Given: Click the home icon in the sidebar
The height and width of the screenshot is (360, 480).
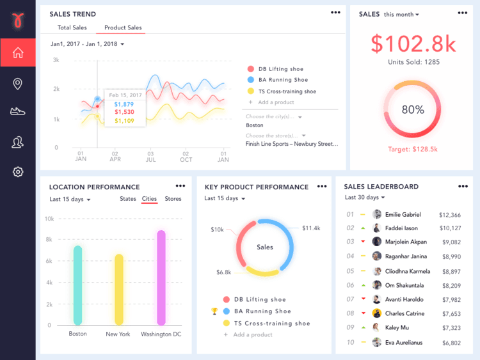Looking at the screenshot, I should pyautogui.click(x=18, y=52).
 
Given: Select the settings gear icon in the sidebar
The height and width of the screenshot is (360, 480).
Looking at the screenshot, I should pyautogui.click(x=18, y=171).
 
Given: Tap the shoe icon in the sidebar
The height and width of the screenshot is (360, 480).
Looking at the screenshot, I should pyautogui.click(x=18, y=111).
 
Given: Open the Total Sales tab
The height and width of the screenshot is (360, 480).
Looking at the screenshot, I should pyautogui.click(x=72, y=27).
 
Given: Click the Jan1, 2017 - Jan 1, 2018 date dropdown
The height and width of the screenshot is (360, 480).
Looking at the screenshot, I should pyautogui.click(x=86, y=44).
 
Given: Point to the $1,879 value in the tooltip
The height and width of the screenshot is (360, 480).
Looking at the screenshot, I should pyautogui.click(x=124, y=104).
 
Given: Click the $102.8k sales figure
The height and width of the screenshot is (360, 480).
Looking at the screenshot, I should pyautogui.click(x=413, y=43).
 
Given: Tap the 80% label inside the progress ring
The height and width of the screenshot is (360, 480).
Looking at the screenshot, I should pyautogui.click(x=413, y=109).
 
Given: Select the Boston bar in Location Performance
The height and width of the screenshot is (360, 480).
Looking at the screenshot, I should pyautogui.click(x=77, y=285).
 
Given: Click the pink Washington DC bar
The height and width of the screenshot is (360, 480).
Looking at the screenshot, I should pyautogui.click(x=161, y=278).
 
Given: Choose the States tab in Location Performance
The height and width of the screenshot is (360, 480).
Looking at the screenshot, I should pyautogui.click(x=128, y=199).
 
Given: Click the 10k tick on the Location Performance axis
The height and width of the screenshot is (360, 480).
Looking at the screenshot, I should pyautogui.click(x=49, y=219).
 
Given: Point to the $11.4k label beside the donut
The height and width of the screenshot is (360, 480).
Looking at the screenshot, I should pyautogui.click(x=311, y=228).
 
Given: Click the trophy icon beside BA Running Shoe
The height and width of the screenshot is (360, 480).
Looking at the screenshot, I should pyautogui.click(x=214, y=311).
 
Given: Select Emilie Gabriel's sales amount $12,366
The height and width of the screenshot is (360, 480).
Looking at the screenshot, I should pyautogui.click(x=449, y=215).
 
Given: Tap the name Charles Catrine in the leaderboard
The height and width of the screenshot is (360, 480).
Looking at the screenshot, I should pyautogui.click(x=404, y=314).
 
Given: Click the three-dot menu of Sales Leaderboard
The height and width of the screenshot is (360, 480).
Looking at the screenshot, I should pyautogui.click(x=463, y=186).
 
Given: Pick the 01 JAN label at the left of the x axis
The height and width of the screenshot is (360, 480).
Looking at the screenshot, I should pyautogui.click(x=81, y=156).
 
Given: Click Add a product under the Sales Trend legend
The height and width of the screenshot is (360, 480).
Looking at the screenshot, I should pyautogui.click(x=275, y=102).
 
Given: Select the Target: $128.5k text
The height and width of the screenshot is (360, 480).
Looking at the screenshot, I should pyautogui.click(x=413, y=149).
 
